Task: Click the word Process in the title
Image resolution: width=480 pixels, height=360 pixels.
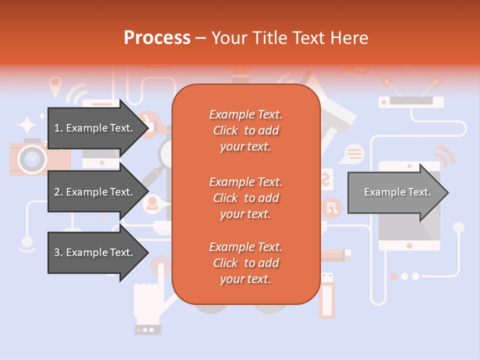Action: point(157,38)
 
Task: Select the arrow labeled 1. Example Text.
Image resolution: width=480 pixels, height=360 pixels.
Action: point(95,128)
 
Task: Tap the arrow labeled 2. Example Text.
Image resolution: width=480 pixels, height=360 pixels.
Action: point(95,192)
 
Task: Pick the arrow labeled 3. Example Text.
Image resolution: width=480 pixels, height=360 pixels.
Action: point(95,252)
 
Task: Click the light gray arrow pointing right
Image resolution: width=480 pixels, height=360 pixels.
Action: point(397,192)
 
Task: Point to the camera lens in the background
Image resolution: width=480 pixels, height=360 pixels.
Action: point(32,159)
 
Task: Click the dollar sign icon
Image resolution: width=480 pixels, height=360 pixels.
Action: point(325,178)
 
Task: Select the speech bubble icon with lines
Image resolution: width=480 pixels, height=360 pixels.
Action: point(354,153)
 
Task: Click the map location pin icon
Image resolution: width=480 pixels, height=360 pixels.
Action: point(55,83)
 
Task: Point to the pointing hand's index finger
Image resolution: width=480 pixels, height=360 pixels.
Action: point(161,273)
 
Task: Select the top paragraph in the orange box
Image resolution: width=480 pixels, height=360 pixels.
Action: point(245,130)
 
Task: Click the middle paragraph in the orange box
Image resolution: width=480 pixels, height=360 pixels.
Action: point(245,198)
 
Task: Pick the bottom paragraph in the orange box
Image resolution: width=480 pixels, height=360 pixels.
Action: point(245,263)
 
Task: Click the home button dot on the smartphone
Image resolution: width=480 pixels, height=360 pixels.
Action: point(409,245)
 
